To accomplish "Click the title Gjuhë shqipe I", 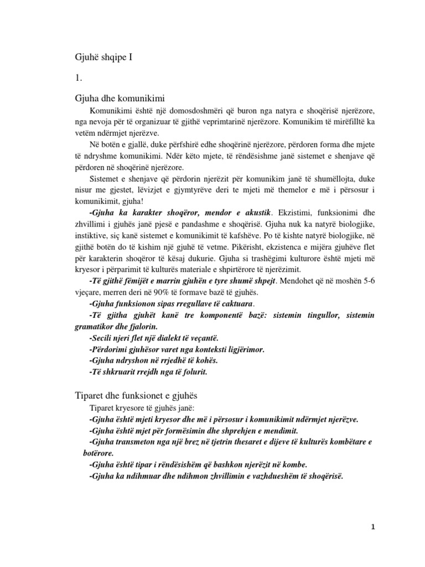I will coord(104,56).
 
